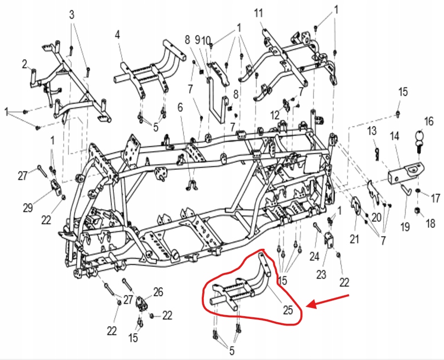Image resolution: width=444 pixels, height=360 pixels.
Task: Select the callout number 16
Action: pyautogui.click(x=428, y=121)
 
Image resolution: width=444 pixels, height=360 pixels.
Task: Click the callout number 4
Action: pyautogui.click(x=117, y=35)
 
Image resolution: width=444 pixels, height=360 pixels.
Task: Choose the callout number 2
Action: pyautogui.click(x=25, y=65)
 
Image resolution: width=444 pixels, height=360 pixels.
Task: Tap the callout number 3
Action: pyautogui.click(x=72, y=14)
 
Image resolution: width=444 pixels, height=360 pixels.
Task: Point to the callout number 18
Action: pyautogui.click(x=430, y=224)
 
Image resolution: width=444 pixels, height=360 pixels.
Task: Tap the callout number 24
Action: pyautogui.click(x=314, y=256)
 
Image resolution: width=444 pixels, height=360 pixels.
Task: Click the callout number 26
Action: pyautogui.click(x=158, y=292)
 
